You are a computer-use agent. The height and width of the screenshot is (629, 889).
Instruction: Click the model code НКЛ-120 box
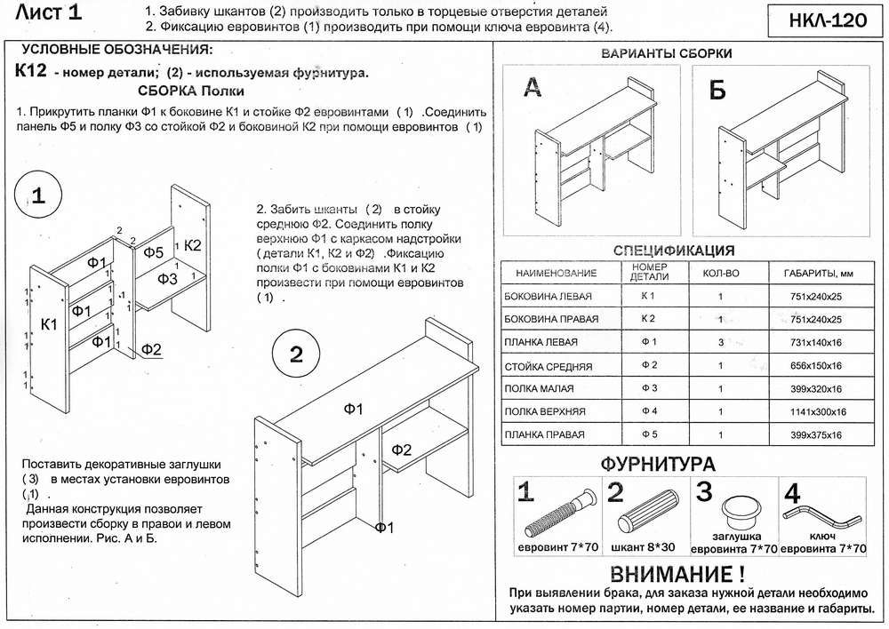(x=821, y=21)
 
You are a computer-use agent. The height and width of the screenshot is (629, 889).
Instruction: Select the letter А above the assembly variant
(x=531, y=87)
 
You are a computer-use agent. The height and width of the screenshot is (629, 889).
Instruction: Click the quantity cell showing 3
(x=720, y=342)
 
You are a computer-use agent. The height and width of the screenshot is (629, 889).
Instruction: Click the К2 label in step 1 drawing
(x=193, y=244)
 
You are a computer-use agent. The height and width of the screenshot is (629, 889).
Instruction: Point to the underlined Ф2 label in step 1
(x=150, y=348)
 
